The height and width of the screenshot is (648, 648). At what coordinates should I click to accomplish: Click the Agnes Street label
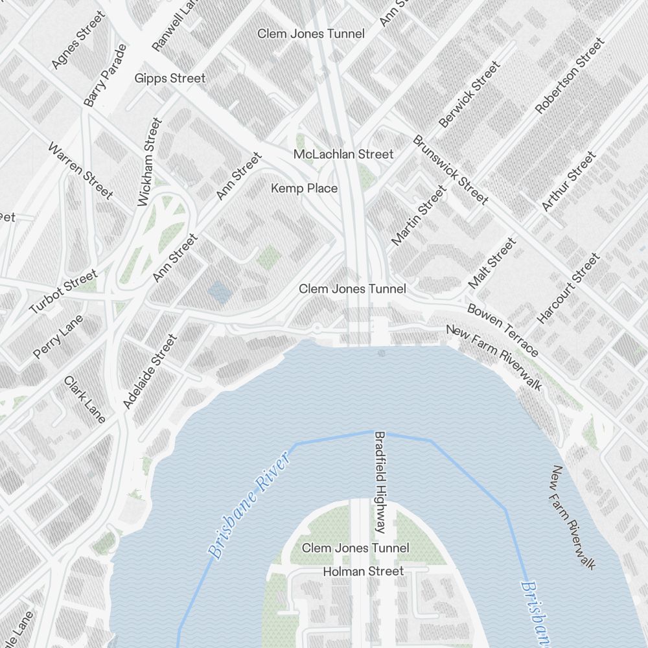click(77, 40)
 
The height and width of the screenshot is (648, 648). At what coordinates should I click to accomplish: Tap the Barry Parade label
click(105, 75)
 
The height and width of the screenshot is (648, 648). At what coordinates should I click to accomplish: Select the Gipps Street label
click(170, 78)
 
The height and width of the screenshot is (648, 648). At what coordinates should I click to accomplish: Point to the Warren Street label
click(80, 170)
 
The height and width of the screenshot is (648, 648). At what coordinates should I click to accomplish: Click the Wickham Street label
click(150, 162)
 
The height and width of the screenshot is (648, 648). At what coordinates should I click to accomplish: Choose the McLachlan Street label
click(343, 154)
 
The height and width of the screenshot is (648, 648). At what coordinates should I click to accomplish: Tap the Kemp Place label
click(304, 189)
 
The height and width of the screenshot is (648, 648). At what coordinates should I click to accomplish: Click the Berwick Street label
click(470, 95)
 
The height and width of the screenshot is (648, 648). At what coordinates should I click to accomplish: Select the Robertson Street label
click(569, 76)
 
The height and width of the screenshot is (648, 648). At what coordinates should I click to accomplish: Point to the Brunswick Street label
click(450, 170)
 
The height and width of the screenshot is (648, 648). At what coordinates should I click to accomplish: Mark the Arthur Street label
click(568, 181)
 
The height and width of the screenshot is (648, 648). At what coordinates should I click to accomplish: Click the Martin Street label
click(419, 216)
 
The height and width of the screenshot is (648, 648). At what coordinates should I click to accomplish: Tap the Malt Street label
click(492, 263)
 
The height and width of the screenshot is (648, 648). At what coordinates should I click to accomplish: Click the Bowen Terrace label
click(502, 330)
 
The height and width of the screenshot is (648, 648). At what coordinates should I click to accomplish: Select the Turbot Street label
click(63, 292)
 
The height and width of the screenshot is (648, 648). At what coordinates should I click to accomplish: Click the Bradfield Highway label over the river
click(380, 483)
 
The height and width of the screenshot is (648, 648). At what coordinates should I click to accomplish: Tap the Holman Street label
click(363, 572)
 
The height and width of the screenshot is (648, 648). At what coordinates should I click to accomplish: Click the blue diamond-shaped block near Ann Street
click(220, 292)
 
